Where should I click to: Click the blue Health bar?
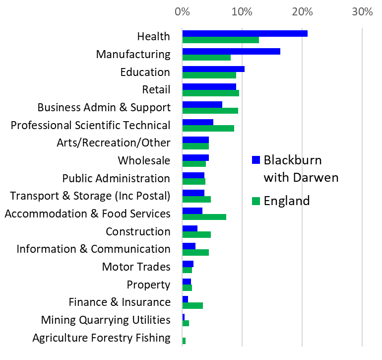point(245,34)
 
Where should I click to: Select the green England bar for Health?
point(220,40)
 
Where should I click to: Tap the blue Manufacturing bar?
point(231,52)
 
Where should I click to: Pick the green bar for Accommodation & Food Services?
point(204,217)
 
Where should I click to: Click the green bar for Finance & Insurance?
point(192,305)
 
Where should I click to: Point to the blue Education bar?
point(213,69)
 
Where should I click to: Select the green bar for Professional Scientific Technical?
point(208,129)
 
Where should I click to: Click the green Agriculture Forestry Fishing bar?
point(184,341)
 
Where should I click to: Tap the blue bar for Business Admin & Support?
point(202,104)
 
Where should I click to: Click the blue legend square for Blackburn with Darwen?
point(256,160)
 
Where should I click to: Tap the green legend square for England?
point(256,201)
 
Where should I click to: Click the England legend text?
point(287,201)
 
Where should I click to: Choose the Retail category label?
point(156,90)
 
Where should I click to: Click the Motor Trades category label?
point(136,267)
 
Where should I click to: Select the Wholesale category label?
point(144,160)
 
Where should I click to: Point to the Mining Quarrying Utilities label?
point(106,320)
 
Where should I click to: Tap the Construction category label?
point(138,231)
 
